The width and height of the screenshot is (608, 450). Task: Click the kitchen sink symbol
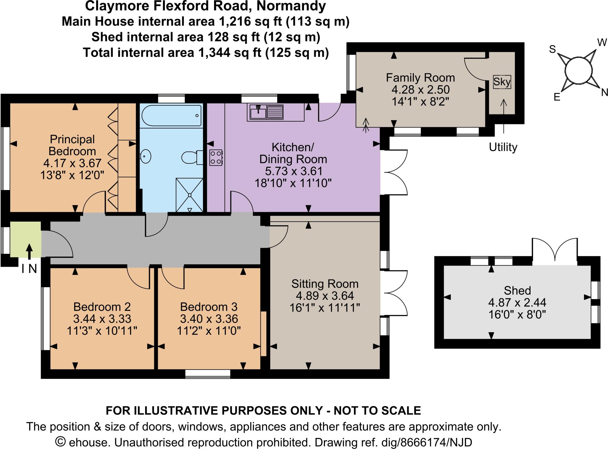point(265,112)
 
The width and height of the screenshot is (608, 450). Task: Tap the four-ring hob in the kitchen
point(216,158)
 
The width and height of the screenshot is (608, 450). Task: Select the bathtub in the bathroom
point(171,116)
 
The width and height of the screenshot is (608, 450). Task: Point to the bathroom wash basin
point(145,155)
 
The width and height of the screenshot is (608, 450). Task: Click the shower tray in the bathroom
point(189,195)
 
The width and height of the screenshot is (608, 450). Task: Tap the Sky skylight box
point(502,82)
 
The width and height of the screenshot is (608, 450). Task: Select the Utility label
point(503,147)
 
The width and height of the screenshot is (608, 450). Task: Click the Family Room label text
point(420,78)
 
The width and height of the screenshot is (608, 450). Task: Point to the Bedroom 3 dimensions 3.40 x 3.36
point(209,319)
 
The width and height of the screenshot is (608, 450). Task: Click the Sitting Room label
point(325,284)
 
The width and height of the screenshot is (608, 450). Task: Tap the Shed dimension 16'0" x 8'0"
point(517,314)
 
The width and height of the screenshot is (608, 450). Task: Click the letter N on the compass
point(604,93)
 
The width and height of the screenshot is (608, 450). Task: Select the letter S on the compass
point(552,49)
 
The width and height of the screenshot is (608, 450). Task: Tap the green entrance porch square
point(26,239)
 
